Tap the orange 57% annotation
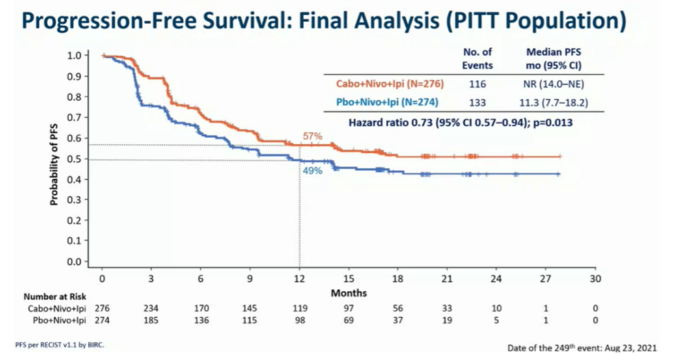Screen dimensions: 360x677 click(312, 137)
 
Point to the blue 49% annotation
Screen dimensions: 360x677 click(312, 171)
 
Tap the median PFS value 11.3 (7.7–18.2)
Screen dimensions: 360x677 click(550, 101)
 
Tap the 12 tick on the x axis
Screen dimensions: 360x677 click(299, 278)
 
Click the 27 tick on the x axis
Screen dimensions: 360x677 click(546, 278)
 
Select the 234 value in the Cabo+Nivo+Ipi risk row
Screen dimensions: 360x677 click(150, 309)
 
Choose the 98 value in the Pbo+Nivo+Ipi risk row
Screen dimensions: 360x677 click(299, 320)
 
